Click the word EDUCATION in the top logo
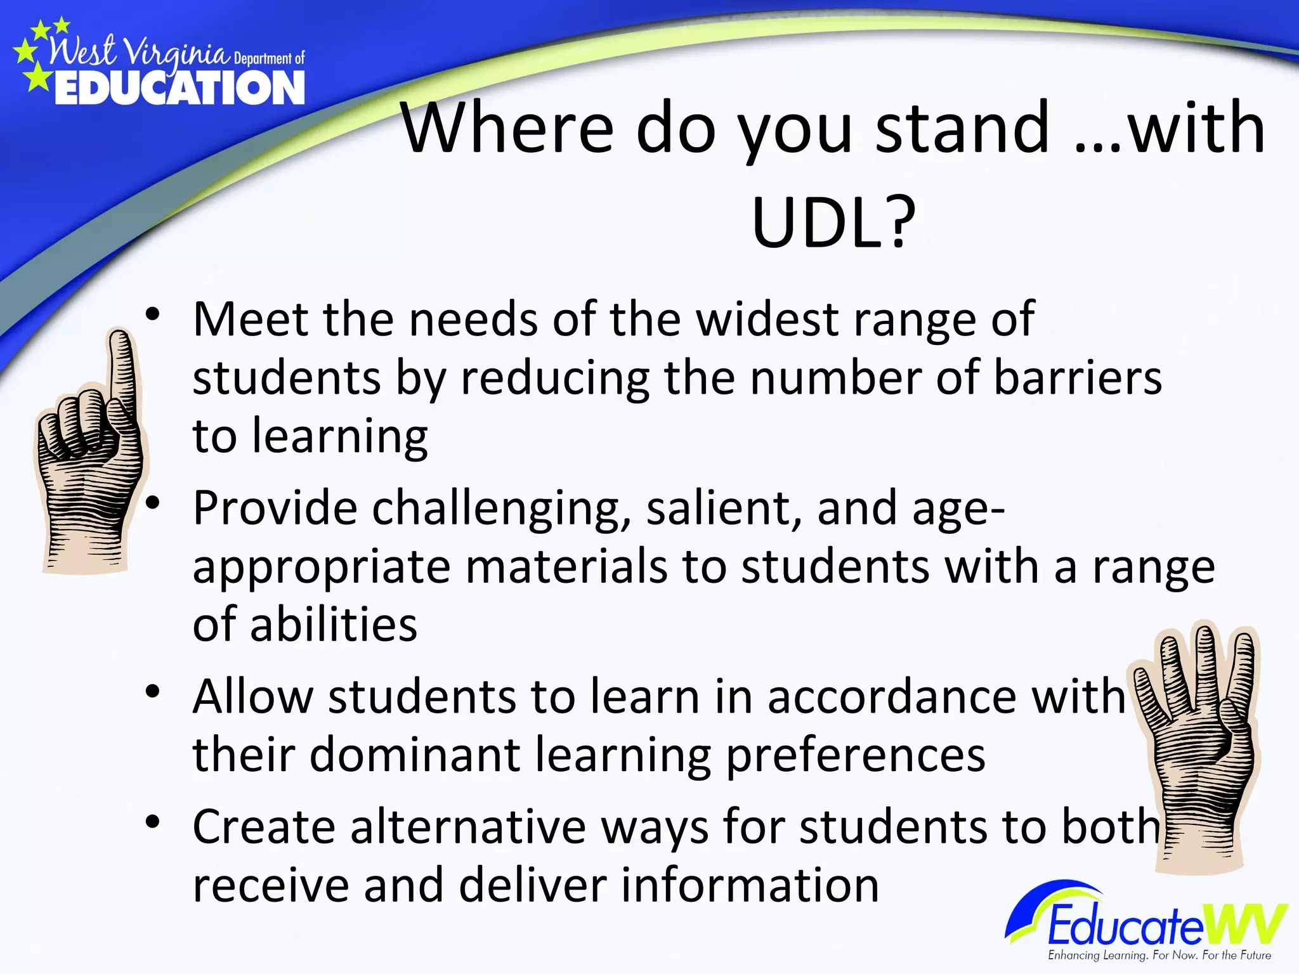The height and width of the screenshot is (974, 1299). [180, 88]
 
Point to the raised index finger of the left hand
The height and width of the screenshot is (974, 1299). [120, 368]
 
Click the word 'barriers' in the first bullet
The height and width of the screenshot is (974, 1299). [1078, 378]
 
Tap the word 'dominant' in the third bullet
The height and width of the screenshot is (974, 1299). [415, 755]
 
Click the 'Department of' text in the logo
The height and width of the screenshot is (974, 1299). [270, 59]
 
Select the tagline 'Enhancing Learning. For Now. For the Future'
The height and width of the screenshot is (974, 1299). [1159, 955]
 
